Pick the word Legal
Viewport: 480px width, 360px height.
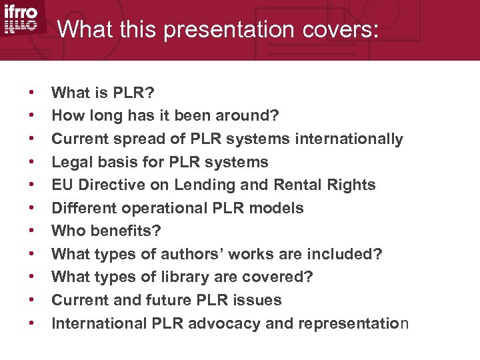coord(71,162)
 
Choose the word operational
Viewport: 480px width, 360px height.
coord(155,208)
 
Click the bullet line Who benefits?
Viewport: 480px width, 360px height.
coord(107,231)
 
